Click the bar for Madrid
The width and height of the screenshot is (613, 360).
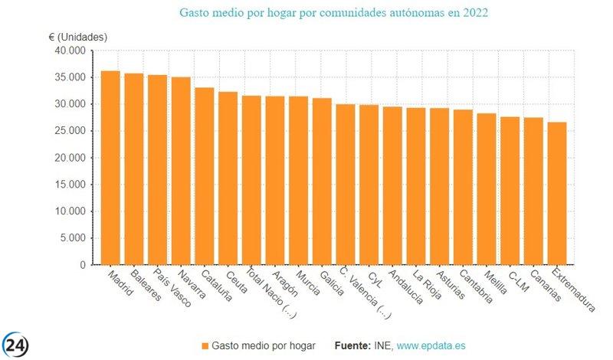point(110,169)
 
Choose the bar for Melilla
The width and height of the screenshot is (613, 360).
point(487,189)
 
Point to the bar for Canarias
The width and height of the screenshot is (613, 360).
point(533,191)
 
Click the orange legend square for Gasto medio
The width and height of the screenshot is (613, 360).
point(204,346)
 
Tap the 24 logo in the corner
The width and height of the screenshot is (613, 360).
point(15,344)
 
